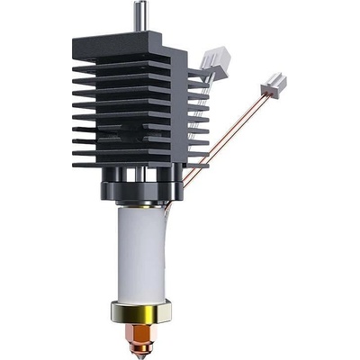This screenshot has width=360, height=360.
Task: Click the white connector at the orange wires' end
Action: [x=274, y=86]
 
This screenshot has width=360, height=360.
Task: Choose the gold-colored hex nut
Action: [x=142, y=314]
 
